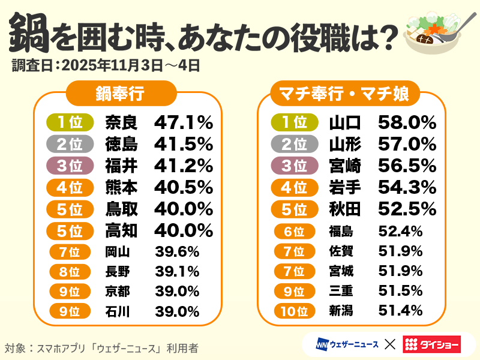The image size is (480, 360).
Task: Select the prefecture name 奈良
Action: tap(121, 122)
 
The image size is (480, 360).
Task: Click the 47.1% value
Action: tap(184, 122)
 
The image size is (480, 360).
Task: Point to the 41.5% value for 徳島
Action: tap(184, 144)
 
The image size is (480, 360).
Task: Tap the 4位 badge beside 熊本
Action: tap(70, 188)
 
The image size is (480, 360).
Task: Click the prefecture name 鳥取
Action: tap(121, 209)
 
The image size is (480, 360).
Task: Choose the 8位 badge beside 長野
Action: tap(70, 272)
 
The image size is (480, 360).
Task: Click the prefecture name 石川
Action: tap(118, 311)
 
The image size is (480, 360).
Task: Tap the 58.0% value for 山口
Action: tap(407, 122)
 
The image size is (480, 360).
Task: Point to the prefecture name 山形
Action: tap(345, 144)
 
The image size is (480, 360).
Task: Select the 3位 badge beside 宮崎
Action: tap(294, 166)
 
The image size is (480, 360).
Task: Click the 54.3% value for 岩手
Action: tap(407, 188)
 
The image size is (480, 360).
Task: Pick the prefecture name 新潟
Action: tap(341, 311)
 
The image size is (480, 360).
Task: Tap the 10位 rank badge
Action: tap(294, 311)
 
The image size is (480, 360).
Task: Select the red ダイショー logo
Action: tap(432, 344)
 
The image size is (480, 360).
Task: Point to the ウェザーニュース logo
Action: tap(347, 344)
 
